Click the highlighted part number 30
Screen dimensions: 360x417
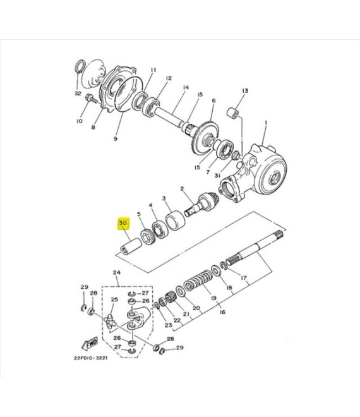pyautogui.click(x=123, y=223)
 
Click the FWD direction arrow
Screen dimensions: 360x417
pyautogui.click(x=90, y=344)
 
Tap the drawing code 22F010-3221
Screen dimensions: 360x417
pyautogui.click(x=91, y=358)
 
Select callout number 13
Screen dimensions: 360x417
pyautogui.click(x=245, y=91)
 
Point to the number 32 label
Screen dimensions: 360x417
pyautogui.click(x=78, y=94)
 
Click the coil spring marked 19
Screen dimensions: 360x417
pyautogui.click(x=197, y=282)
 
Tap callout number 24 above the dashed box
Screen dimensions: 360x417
pyautogui.click(x=116, y=272)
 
